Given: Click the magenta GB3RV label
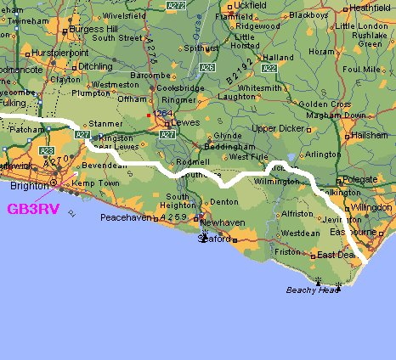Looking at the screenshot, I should (x=33, y=209).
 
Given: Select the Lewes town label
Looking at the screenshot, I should (x=184, y=121).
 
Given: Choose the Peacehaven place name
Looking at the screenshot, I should (x=125, y=217).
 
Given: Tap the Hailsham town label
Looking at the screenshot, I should (x=370, y=134).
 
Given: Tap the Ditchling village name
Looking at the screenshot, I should (x=94, y=65).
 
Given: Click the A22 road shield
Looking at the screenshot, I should (x=269, y=68).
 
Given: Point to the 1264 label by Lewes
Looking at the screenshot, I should (x=161, y=114).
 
